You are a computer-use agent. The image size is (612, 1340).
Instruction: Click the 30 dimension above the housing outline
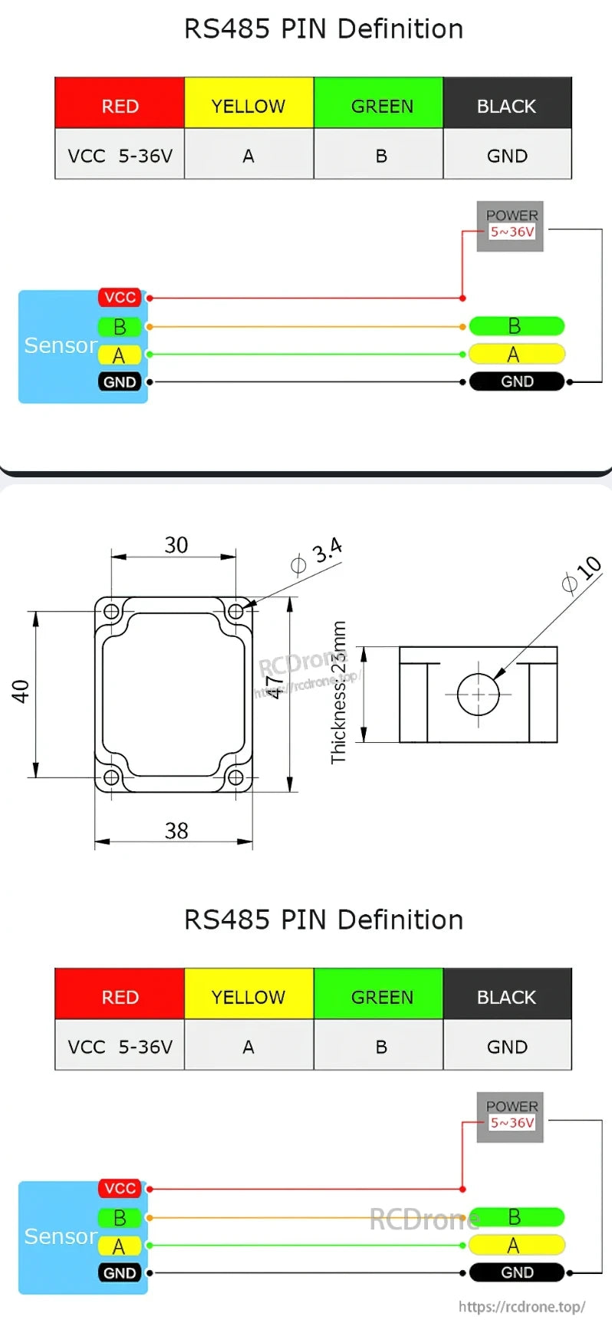click(x=176, y=545)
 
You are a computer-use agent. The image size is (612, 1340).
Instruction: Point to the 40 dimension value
click(x=21, y=691)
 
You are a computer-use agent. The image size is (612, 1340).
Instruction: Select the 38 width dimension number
click(x=176, y=830)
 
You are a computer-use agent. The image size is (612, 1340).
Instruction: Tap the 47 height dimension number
click(x=274, y=685)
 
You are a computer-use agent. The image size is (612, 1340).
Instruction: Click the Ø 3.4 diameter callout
click(x=317, y=557)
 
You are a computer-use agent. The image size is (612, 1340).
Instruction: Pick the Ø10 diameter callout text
click(x=581, y=574)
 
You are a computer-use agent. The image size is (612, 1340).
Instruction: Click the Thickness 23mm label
click(x=338, y=692)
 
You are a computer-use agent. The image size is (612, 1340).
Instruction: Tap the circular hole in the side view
click(x=478, y=695)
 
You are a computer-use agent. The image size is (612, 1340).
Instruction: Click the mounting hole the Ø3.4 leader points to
click(x=235, y=611)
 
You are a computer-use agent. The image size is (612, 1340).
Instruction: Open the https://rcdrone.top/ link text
click(x=522, y=1306)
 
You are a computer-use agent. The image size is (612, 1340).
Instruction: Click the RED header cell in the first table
click(x=120, y=106)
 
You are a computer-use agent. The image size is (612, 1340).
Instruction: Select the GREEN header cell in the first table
click(x=381, y=106)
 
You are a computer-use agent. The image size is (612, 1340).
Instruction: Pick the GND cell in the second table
click(x=507, y=1047)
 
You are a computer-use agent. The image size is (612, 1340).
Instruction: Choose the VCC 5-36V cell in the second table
click(x=120, y=1047)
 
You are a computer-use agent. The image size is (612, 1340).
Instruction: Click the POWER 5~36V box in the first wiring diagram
click(x=511, y=226)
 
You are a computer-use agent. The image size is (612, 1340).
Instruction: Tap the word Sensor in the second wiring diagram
click(x=60, y=1236)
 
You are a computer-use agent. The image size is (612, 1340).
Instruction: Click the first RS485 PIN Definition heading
click(x=323, y=29)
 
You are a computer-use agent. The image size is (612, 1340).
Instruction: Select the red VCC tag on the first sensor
click(x=120, y=297)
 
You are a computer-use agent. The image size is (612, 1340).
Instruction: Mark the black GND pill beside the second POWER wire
click(x=516, y=1272)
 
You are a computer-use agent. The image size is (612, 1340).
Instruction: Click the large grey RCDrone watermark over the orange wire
click(x=423, y=1219)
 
